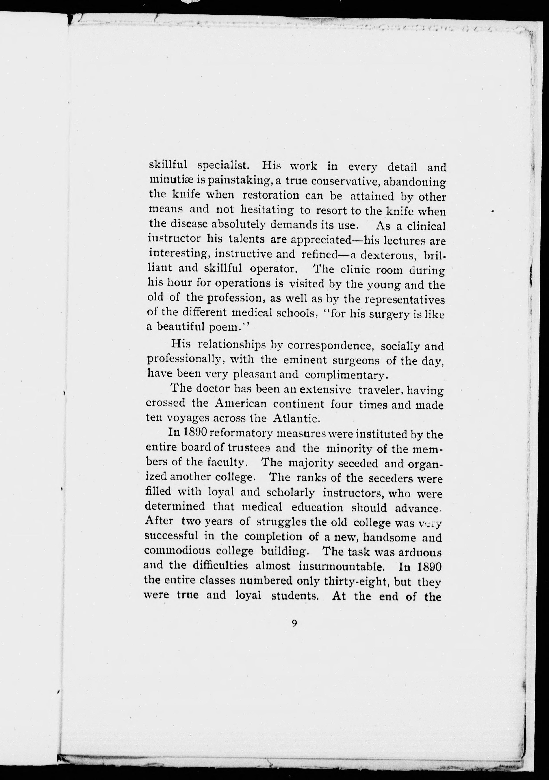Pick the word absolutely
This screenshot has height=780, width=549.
pos(239,224)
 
